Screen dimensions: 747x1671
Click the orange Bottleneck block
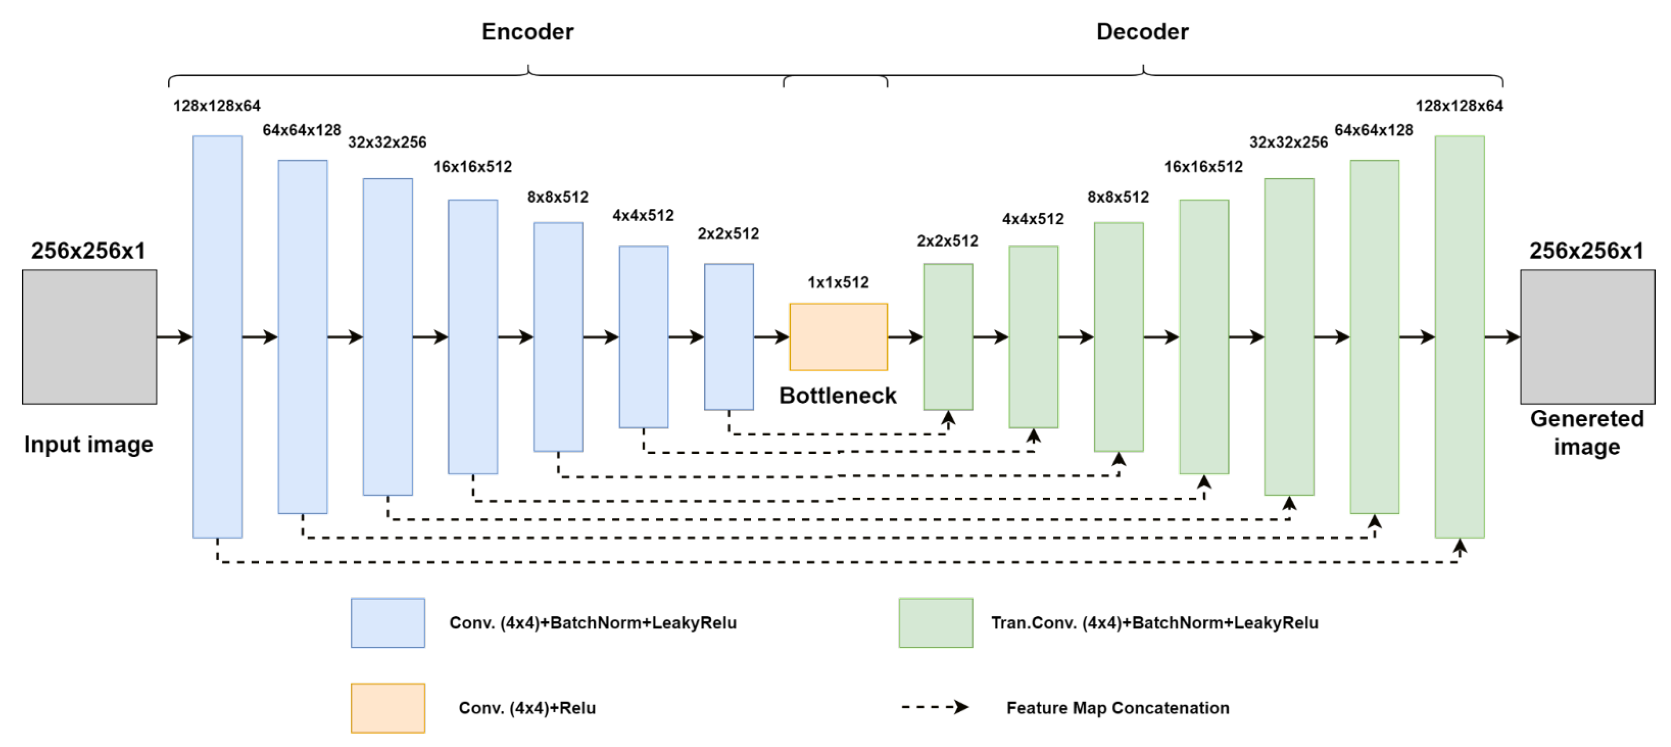(x=838, y=337)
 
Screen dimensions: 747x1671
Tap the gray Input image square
(x=89, y=337)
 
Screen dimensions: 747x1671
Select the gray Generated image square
(x=1587, y=337)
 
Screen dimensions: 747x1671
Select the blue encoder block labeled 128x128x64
(x=217, y=337)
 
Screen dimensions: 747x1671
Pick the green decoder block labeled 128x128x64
(x=1459, y=337)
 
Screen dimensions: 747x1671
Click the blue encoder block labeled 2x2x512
(x=729, y=337)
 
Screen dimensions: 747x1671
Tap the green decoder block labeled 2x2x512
(x=948, y=337)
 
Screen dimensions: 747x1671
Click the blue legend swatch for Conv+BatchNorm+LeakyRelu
(x=388, y=623)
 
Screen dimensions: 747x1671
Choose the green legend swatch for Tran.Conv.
(x=936, y=623)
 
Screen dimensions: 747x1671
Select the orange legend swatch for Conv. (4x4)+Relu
(x=388, y=708)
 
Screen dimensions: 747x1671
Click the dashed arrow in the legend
(x=934, y=707)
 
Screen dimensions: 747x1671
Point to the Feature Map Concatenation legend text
(x=1117, y=708)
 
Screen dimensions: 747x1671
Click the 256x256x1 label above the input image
(x=88, y=250)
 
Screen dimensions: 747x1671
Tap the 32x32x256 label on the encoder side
(x=387, y=142)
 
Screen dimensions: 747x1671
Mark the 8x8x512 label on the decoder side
(x=1118, y=197)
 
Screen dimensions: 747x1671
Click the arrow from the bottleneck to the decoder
(x=905, y=337)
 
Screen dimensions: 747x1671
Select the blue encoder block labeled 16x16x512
(x=473, y=337)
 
